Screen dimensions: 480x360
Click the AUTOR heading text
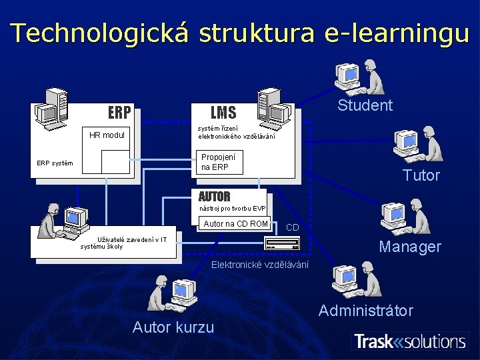point(214,197)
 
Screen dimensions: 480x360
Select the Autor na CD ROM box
point(235,223)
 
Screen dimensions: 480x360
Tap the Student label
point(365,105)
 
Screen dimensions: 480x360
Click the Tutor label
point(421,175)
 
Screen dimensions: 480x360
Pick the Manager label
point(410,247)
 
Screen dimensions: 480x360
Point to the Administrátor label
point(365,311)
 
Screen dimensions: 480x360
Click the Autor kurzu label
point(173,327)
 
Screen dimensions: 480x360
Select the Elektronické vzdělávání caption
point(260,265)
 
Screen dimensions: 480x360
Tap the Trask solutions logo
point(409,342)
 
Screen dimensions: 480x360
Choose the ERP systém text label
point(55,163)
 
